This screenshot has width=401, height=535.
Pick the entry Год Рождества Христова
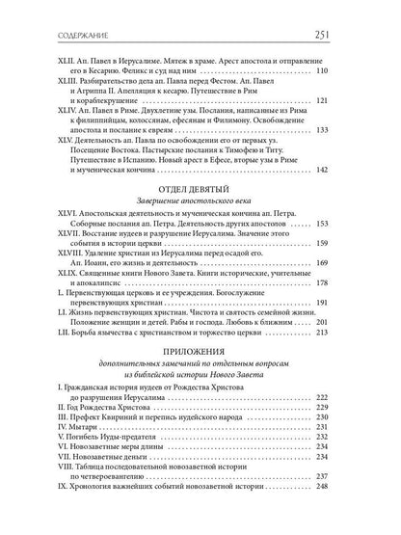click(111, 405)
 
